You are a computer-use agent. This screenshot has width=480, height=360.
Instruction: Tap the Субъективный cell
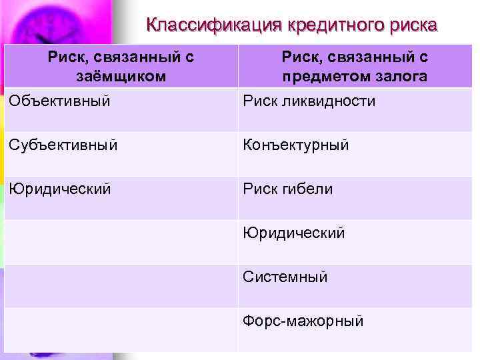(63, 145)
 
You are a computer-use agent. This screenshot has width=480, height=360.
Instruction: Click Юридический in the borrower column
(60, 189)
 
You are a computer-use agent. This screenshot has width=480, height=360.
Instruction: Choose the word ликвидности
(327, 101)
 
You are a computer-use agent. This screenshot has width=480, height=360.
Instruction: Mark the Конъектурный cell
(295, 145)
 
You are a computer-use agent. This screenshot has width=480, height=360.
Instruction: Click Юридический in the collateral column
(294, 233)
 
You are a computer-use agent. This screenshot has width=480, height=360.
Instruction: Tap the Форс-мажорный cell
(303, 321)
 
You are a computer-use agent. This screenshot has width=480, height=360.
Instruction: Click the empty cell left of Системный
(121, 287)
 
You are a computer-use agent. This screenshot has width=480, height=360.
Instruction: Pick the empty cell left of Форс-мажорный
(121, 330)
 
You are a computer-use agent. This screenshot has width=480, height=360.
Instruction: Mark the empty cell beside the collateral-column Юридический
(121, 243)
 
